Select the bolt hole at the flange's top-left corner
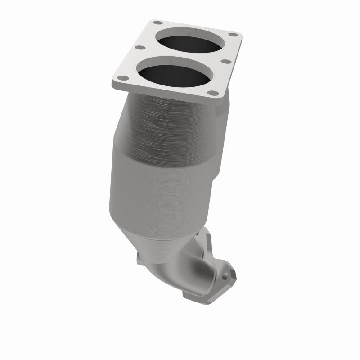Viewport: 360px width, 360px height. pos(156,22)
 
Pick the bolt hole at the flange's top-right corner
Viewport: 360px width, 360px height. pos(233,35)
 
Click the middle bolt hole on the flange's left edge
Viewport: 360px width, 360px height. pos(139,48)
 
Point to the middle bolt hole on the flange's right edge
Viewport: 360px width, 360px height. pos(227,62)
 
